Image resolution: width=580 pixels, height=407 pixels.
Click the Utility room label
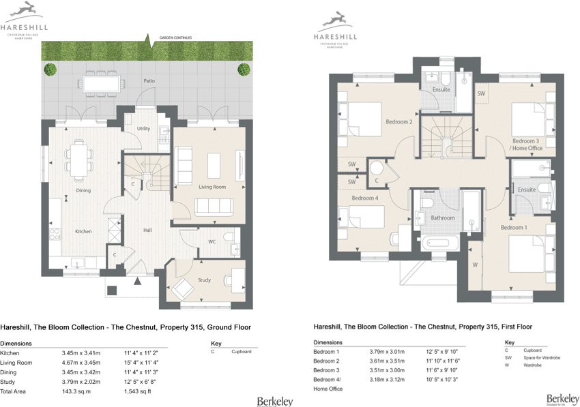143,128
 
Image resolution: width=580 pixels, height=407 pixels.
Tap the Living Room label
212,187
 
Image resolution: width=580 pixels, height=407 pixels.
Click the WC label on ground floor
212,241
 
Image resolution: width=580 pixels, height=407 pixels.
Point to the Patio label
149,81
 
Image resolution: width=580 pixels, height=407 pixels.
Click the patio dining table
102,82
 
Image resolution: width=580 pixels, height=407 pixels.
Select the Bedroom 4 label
364,198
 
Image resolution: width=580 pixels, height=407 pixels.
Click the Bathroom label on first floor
443,217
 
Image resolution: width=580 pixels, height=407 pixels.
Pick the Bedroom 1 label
514,227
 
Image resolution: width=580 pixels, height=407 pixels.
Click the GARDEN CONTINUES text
175,37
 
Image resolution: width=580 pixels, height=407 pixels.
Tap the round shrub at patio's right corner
244,69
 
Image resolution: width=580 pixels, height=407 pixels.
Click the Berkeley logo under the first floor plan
562,398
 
